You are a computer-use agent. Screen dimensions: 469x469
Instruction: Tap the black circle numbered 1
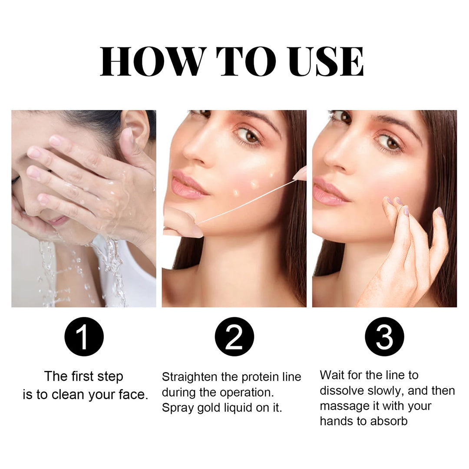tap(84, 337)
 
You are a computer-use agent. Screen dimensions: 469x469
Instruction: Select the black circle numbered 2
tap(234, 337)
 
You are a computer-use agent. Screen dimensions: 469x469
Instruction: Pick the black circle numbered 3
tap(384, 337)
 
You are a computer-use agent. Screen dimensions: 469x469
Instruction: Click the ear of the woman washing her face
tap(135, 126)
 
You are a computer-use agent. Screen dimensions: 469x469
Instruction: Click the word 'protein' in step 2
tap(260, 377)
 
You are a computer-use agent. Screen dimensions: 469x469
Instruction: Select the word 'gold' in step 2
tap(206, 408)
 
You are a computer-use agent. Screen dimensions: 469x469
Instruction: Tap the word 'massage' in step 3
tap(340, 406)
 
